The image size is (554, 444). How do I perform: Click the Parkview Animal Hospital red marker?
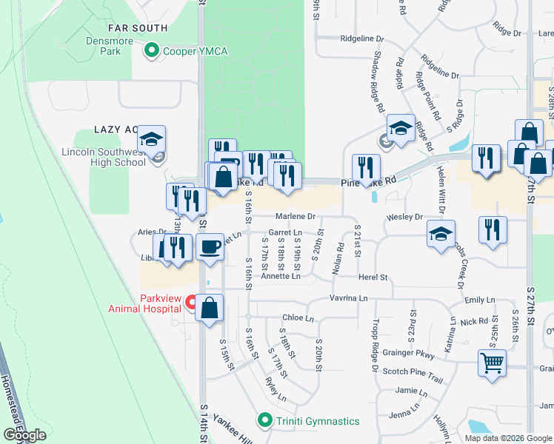pos(191,302)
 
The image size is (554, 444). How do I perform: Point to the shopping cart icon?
pos(491,363)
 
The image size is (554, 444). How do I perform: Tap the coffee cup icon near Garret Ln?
pos(210,246)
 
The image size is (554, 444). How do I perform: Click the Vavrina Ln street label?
pos(349,297)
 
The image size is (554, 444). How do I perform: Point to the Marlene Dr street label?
pos(296,216)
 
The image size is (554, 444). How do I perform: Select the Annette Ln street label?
pos(280,276)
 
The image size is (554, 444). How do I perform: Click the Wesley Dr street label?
pos(404,218)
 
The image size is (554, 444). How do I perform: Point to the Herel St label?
pos(373,277)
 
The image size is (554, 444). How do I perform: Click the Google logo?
pos(24,434)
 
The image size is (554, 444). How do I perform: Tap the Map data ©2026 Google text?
pos(508,437)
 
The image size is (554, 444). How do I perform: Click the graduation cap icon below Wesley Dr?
pos(441,235)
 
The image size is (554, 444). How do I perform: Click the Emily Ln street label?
pos(479,300)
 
